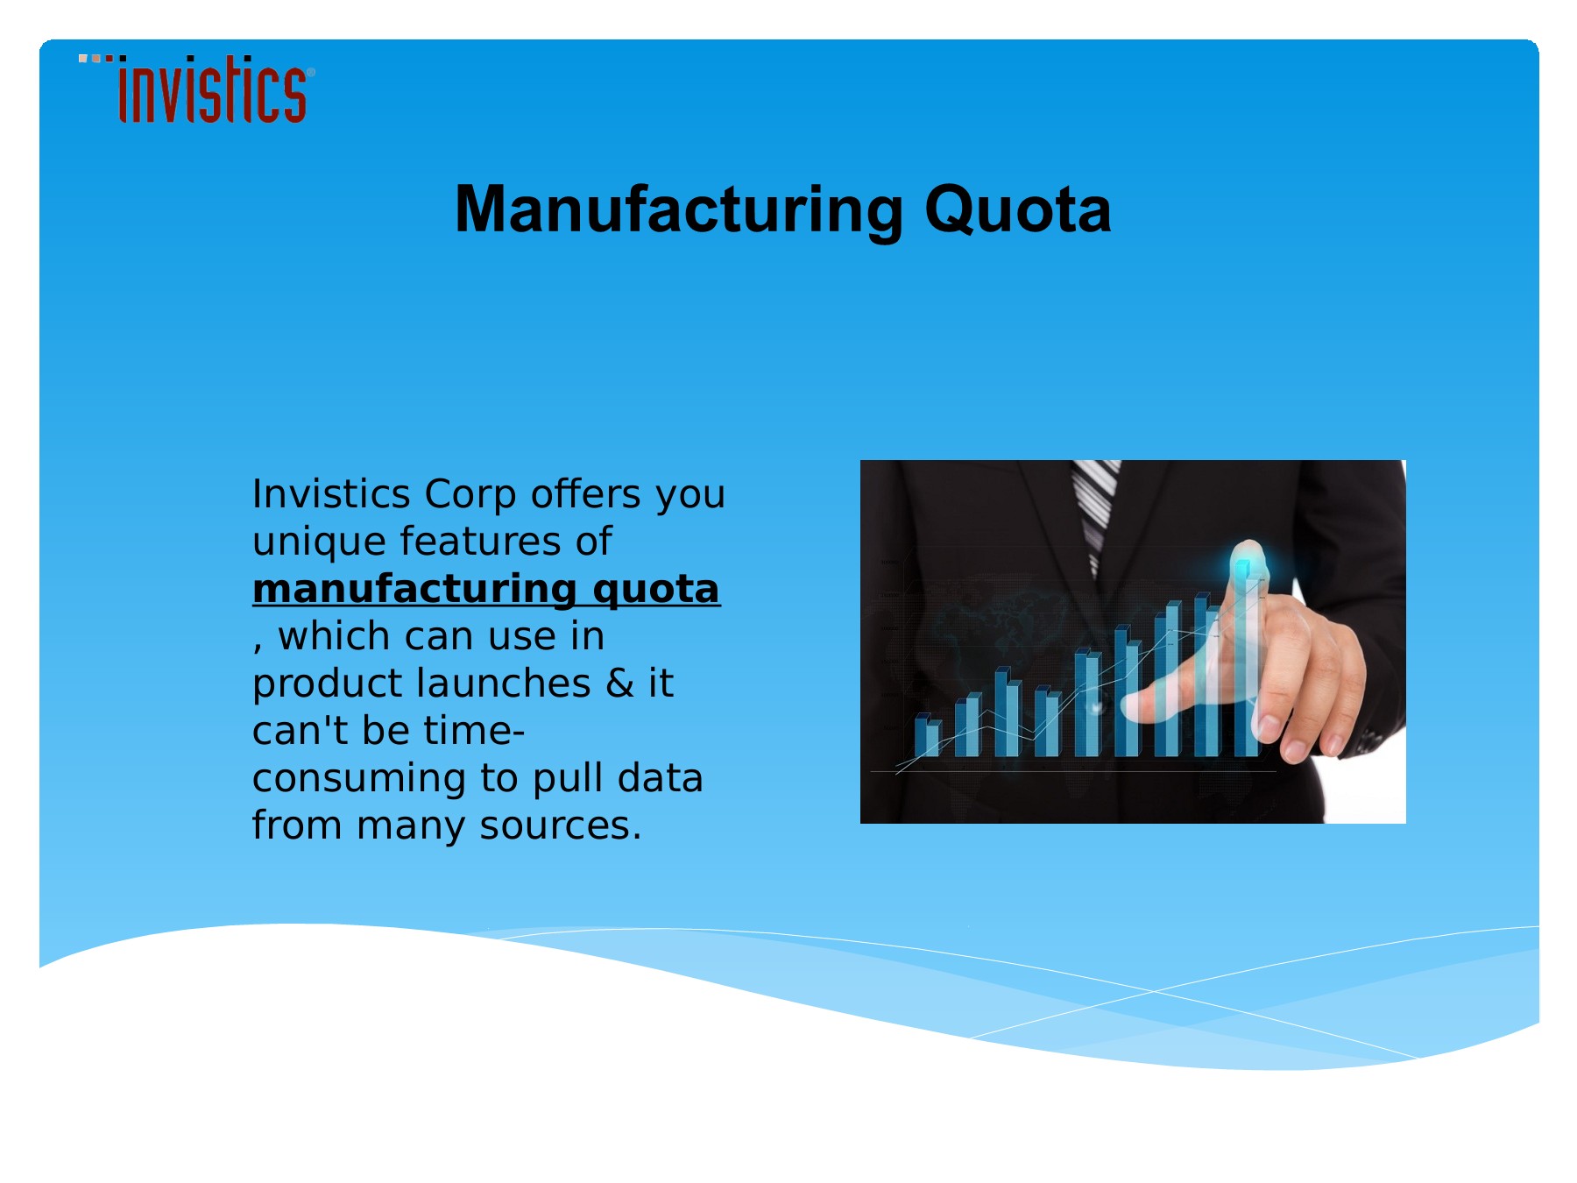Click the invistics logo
pyautogui.click(x=212, y=90)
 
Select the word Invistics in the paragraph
pyautogui.click(x=331, y=494)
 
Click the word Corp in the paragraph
pyautogui.click(x=470, y=494)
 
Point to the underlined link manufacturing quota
pyautogui.click(x=486, y=589)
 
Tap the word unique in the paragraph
pyautogui.click(x=319, y=542)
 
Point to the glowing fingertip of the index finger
pyautogui.click(x=1246, y=561)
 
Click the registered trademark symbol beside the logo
pyautogui.click(x=310, y=74)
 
